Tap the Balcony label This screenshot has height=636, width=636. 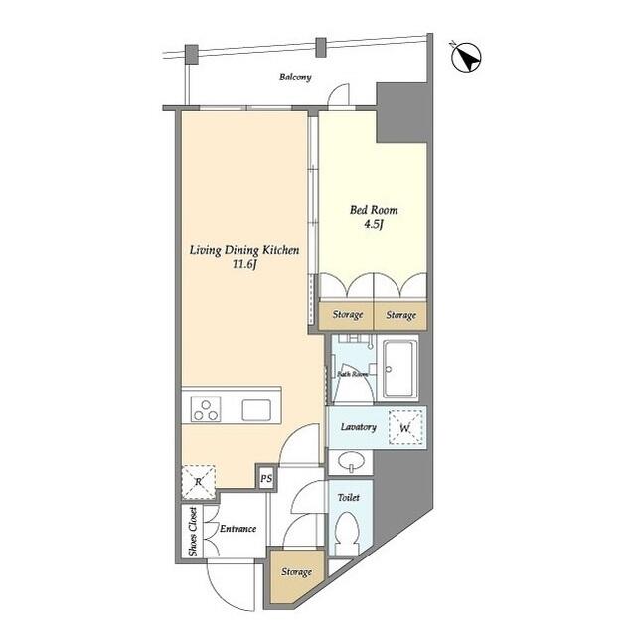pos(295,77)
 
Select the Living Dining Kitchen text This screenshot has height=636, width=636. pos(244,251)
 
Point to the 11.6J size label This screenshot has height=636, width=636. pos(244,266)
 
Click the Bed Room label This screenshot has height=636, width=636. pos(372,210)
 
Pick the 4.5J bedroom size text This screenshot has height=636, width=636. pos(372,225)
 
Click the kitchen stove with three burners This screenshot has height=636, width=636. pos(206,409)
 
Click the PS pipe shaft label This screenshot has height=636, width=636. pos(265,478)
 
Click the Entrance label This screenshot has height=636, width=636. pos(238,529)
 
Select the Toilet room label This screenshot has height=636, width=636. pos(348,497)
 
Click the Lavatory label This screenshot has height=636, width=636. pos(357,427)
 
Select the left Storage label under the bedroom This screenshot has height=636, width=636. pos(347,316)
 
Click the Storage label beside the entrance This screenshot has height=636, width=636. pos(295,572)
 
